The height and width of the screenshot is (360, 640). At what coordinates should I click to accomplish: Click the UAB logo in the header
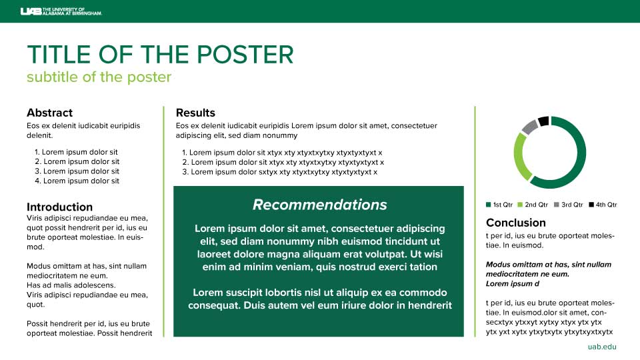tap(61, 11)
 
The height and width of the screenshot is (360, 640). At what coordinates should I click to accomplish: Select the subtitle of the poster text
tap(99, 77)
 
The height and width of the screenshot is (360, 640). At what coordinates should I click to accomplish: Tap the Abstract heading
tap(49, 113)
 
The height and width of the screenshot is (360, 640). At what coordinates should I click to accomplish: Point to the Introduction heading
tap(59, 207)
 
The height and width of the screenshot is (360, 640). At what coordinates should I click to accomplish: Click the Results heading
tap(195, 113)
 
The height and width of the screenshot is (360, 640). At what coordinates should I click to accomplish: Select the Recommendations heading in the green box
tap(319, 205)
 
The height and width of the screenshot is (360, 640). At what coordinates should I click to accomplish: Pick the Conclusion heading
tap(516, 223)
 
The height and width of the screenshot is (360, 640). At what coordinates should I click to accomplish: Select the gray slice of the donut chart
tap(530, 127)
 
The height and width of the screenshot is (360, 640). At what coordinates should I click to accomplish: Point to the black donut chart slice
tap(543, 121)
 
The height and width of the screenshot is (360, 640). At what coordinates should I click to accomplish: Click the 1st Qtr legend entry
tap(499, 205)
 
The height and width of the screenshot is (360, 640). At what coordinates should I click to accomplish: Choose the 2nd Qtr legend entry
tap(533, 205)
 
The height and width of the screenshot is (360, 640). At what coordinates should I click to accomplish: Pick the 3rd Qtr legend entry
tap(569, 205)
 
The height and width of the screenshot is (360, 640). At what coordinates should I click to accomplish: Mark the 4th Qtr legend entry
tap(603, 205)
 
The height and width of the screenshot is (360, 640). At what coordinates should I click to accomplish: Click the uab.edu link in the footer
tap(602, 347)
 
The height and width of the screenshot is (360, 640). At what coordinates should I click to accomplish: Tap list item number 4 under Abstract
tap(77, 181)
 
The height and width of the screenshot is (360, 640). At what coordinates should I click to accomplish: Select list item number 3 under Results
tap(279, 172)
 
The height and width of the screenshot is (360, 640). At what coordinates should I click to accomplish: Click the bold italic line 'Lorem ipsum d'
tap(513, 284)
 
